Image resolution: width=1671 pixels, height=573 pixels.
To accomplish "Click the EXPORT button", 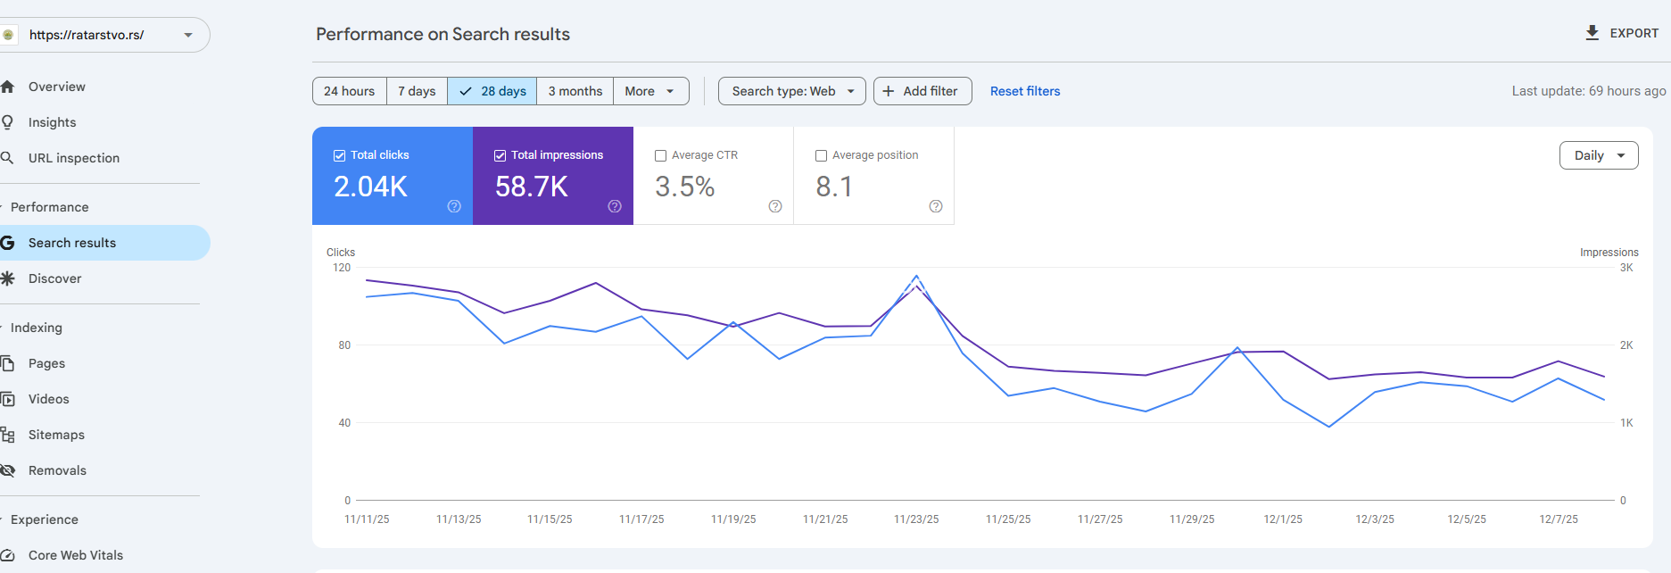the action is [1621, 33].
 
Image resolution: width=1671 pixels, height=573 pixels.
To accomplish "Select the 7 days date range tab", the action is [417, 91].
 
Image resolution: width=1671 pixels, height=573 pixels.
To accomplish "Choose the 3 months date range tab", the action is [575, 91].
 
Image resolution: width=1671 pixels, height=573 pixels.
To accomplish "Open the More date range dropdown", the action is [650, 91].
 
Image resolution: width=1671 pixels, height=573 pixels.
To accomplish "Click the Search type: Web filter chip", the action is [791, 91].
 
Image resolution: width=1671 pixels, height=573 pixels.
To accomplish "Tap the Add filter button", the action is [922, 91].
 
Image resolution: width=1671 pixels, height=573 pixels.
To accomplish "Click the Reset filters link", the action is [1025, 91].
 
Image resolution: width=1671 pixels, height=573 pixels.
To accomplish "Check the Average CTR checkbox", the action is [661, 155].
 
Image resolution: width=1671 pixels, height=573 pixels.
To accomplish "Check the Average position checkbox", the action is [822, 155].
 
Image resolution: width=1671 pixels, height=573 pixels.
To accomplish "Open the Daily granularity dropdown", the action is [1599, 155].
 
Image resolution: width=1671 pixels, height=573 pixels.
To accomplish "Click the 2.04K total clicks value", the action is [370, 187].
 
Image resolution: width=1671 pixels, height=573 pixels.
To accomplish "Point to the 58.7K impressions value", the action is [532, 187].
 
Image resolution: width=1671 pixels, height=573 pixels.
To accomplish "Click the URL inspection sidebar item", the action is [74, 158].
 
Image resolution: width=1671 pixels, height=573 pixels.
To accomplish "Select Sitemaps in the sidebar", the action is [56, 435].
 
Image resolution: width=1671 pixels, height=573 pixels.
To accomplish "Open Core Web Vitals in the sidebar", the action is [76, 555].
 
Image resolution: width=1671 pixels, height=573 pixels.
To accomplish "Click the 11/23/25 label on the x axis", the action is [916, 519].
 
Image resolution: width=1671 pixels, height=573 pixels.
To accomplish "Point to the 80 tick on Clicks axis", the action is [344, 345].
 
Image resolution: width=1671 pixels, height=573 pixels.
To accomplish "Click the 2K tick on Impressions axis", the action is [1626, 345].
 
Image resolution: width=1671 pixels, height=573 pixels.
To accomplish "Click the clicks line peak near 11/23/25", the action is [916, 276].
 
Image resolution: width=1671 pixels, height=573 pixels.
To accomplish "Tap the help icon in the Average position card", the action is [936, 206].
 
